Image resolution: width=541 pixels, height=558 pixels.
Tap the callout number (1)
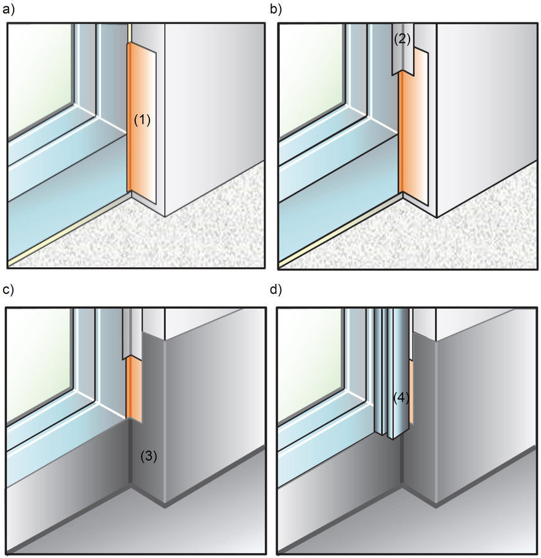click(143, 120)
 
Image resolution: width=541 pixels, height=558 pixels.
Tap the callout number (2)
click(402, 39)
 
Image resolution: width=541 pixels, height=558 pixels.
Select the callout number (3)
click(148, 456)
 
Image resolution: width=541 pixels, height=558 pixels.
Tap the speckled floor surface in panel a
click(186, 242)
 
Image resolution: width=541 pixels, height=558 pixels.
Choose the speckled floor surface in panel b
click(459, 242)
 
